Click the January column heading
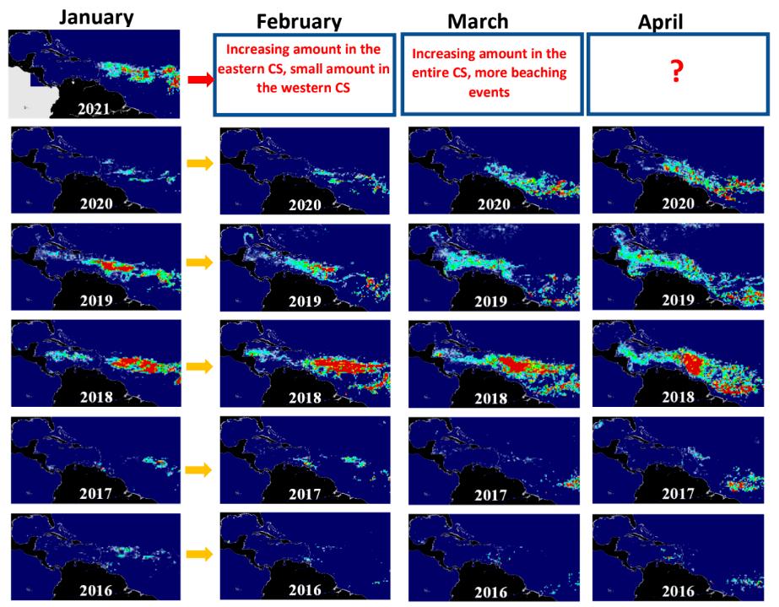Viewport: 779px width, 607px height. [96, 16]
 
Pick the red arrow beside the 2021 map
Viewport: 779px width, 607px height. [198, 79]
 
